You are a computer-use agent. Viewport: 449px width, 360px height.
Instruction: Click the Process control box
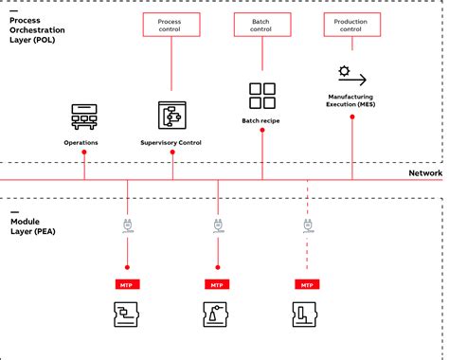(x=172, y=25)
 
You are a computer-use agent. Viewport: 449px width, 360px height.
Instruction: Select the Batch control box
(x=261, y=25)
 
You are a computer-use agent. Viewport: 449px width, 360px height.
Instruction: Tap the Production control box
(x=351, y=25)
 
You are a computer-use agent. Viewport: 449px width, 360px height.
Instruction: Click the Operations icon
(x=84, y=117)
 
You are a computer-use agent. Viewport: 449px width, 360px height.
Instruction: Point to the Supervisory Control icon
(x=172, y=115)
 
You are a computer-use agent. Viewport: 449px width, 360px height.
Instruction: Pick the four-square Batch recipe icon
(x=261, y=96)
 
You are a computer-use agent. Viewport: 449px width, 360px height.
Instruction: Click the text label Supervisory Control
(x=172, y=143)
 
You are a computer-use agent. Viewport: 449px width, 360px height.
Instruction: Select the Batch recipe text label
(x=261, y=121)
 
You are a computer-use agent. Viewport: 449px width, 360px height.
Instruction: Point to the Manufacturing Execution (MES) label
(x=351, y=100)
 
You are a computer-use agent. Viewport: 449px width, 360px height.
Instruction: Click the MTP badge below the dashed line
(x=306, y=284)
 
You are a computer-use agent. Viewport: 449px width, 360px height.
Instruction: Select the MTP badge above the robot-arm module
(x=217, y=284)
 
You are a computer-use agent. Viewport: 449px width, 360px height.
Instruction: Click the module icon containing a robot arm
(x=217, y=315)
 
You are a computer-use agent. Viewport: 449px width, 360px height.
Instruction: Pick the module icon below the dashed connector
(x=306, y=315)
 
